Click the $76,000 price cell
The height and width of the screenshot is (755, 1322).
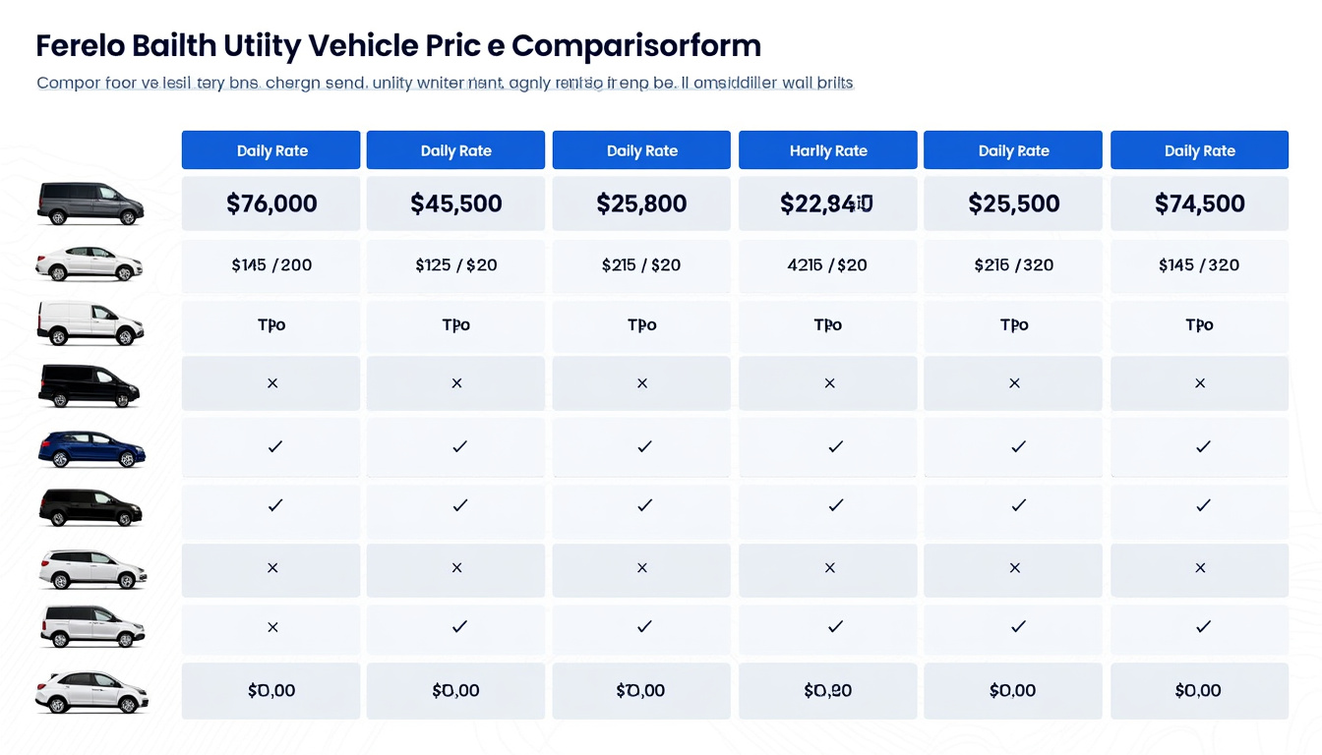[271, 203]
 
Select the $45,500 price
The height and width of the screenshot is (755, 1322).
[455, 203]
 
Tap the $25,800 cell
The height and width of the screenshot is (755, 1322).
[641, 203]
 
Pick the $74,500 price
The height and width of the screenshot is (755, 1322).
[1199, 203]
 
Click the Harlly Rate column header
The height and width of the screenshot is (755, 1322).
[828, 150]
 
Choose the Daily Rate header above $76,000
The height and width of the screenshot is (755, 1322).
[271, 150]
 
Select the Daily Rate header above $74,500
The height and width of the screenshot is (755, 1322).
[1199, 150]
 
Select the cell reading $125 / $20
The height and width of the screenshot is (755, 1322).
[455, 264]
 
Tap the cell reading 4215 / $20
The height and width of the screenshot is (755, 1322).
[828, 264]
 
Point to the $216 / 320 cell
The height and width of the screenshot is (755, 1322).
[1013, 264]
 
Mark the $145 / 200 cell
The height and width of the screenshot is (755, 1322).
[271, 264]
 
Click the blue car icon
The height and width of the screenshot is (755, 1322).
[90, 448]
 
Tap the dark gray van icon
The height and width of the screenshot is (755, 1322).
[90, 203]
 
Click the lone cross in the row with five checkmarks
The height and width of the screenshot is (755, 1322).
[272, 626]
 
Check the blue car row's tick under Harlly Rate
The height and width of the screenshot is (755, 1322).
[835, 446]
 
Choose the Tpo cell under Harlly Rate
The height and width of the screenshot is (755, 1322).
[828, 324]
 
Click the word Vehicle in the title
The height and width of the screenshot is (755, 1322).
[364, 45]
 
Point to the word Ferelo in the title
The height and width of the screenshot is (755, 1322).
[80, 45]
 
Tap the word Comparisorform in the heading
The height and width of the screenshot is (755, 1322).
[636, 45]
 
